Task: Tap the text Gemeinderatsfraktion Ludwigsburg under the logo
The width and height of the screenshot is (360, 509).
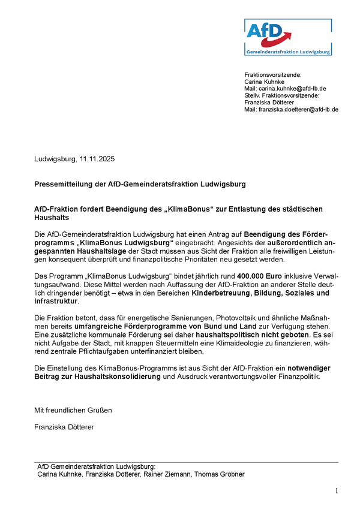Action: [x=289, y=52]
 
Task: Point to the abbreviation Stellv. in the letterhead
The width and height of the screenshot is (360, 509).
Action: [x=253, y=95]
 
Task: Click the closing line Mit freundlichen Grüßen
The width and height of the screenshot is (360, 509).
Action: [x=73, y=410]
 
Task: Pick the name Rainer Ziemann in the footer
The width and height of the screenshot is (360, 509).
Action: [x=172, y=474]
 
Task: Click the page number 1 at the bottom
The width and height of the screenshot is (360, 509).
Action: [x=337, y=492]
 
